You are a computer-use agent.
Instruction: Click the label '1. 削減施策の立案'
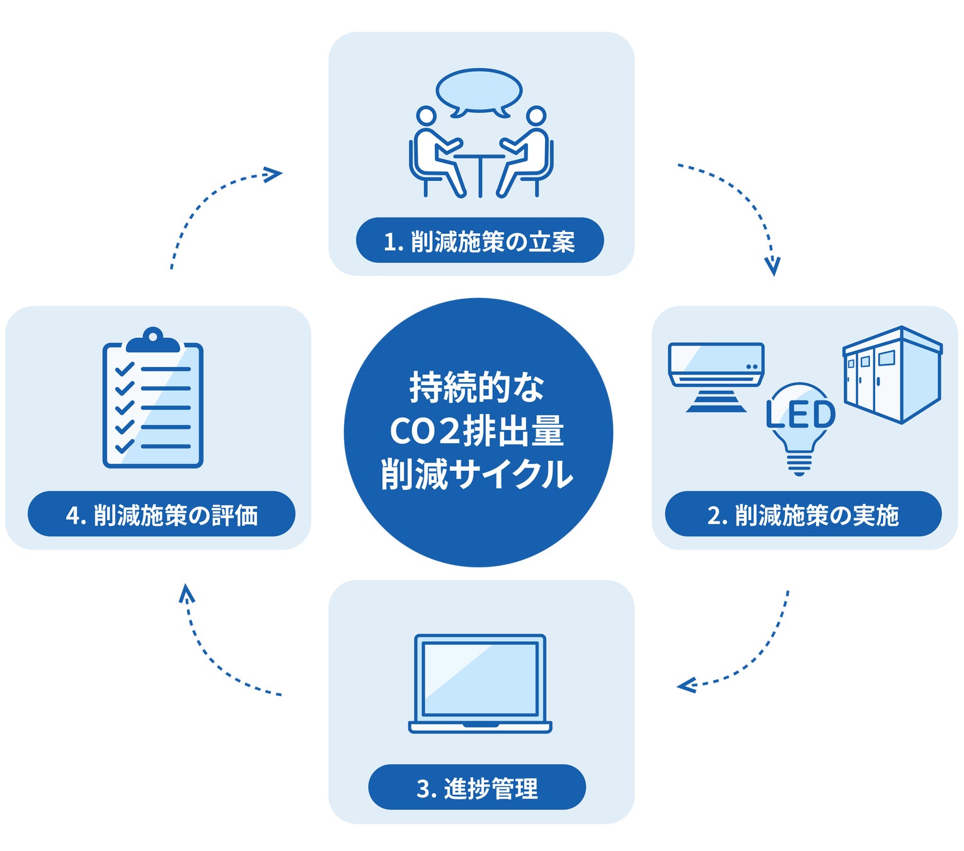479,241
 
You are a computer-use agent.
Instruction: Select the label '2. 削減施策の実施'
803,514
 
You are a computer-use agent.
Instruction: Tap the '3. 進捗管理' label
477,788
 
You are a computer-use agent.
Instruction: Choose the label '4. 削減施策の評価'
161,514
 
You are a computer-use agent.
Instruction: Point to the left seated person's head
427,115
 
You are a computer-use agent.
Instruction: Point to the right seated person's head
536,115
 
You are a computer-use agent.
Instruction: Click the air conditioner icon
716,366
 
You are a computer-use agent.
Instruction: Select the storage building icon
892,375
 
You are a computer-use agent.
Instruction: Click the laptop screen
480,678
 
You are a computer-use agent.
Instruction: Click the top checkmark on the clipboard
125,369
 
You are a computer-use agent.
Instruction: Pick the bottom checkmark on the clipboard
125,446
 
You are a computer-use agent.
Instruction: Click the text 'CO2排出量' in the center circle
477,432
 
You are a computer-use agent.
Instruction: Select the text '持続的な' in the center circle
477,388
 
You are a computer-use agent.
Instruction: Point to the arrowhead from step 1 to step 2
772,266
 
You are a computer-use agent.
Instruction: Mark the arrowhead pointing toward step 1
273,174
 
